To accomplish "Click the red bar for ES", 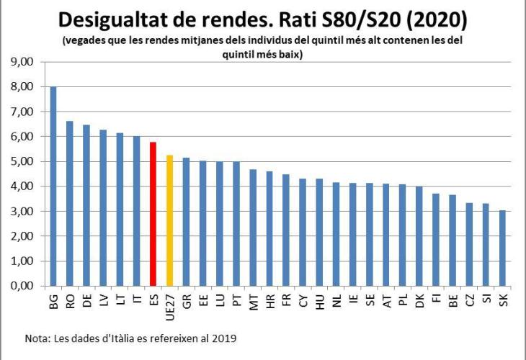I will [153, 214].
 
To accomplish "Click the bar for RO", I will [69, 203].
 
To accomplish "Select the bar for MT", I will [253, 228].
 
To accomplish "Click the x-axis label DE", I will [86, 302].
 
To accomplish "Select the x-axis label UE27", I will [170, 305].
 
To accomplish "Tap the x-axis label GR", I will [187, 302].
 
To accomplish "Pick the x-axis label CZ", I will [470, 302].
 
